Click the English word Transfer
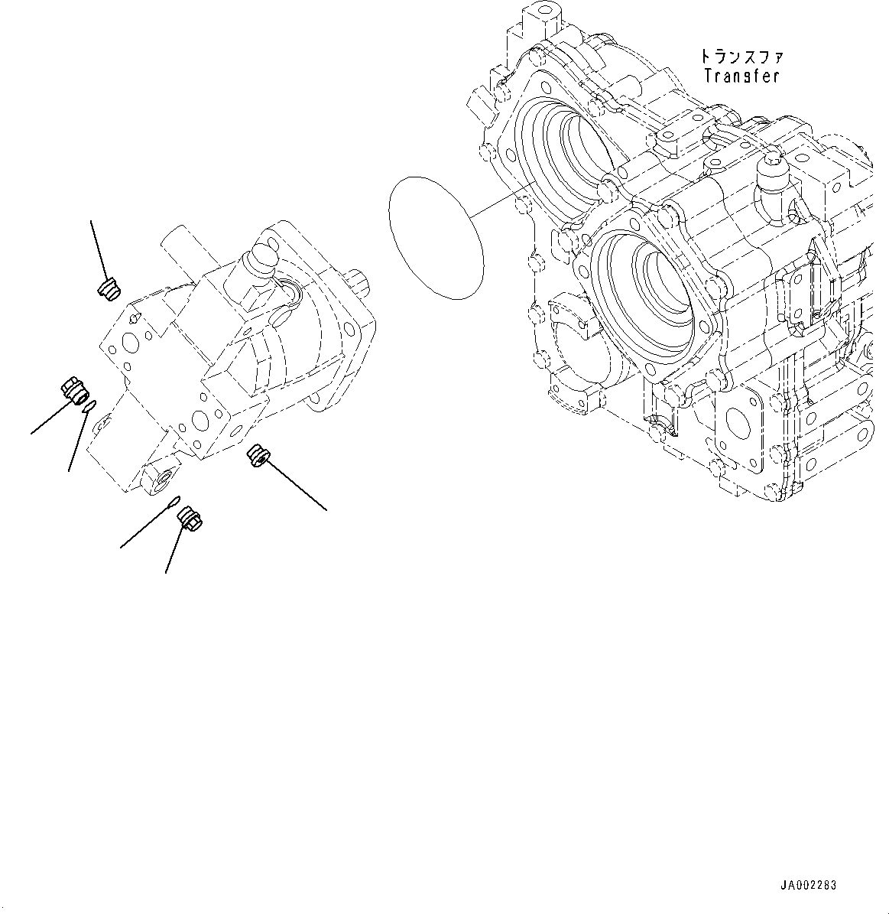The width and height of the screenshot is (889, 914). click(x=741, y=76)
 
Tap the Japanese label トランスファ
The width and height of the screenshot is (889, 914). click(x=741, y=57)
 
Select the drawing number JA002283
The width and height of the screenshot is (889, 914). click(x=809, y=885)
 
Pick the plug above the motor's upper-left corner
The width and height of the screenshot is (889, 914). click(x=109, y=288)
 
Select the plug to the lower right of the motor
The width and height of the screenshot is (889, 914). click(x=256, y=456)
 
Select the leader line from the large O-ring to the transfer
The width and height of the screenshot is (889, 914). click(x=501, y=204)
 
